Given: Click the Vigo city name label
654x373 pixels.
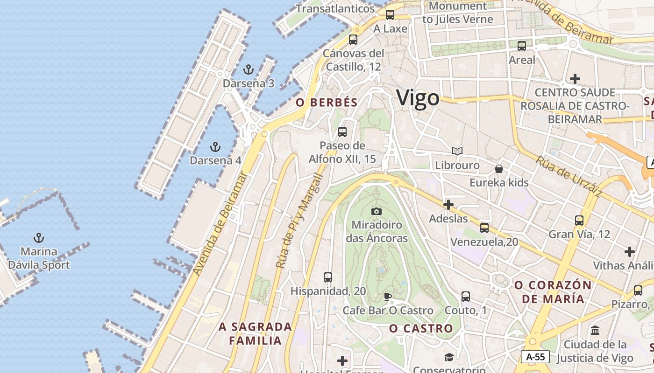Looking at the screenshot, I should point(418,98).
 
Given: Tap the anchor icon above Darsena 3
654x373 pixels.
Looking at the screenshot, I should point(249,70).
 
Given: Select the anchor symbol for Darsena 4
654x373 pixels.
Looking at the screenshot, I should point(215,147).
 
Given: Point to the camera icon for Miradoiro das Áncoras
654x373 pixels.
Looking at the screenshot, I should point(377,211).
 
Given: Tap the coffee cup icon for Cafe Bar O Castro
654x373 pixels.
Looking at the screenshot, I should point(388,297).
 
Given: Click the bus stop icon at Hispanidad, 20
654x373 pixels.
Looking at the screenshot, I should point(328,277).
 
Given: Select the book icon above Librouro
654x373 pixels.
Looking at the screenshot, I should point(457,152).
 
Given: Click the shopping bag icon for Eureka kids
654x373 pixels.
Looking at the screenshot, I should point(499,169).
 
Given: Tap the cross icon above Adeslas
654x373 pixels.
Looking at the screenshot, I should point(448,205).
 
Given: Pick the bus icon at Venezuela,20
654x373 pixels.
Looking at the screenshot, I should point(484,228).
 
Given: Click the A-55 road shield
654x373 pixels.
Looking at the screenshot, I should point(535,357).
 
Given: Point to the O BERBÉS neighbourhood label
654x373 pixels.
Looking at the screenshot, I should point(327,103).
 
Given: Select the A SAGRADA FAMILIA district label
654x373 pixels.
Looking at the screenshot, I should point(256,334).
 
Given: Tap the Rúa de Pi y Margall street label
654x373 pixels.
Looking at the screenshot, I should point(299,221).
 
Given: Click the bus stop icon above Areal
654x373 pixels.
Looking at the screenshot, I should point(522,46).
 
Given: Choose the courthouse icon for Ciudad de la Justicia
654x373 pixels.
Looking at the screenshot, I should point(595,331).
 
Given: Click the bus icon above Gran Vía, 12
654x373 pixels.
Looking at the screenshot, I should point(579,221).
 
